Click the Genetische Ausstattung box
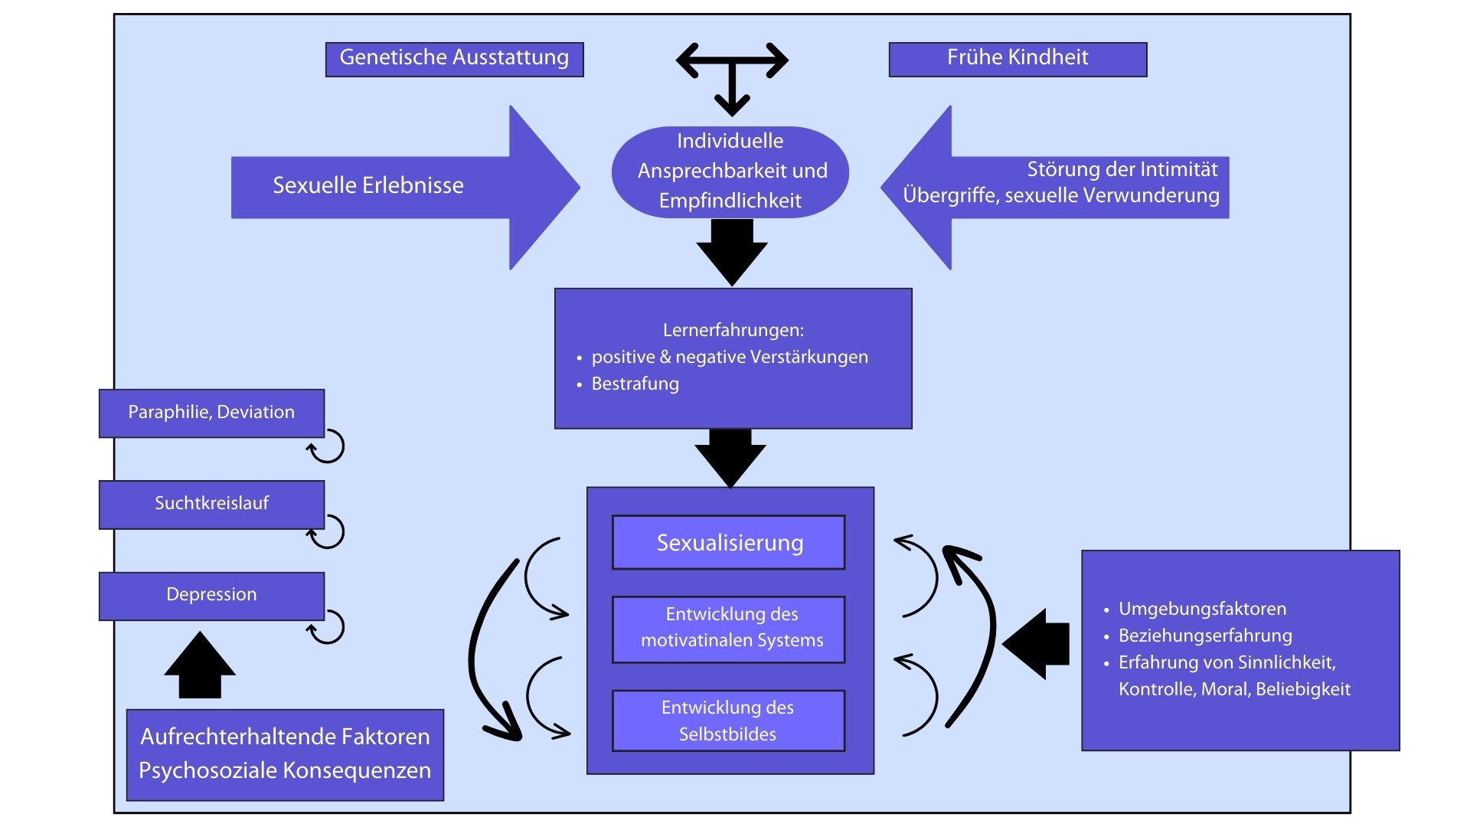pyautogui.click(x=454, y=59)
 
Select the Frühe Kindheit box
pyautogui.click(x=1018, y=59)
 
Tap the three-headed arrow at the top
pyautogui.click(x=732, y=74)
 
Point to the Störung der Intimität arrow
pyautogui.click(x=1057, y=187)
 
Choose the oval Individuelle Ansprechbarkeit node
pyautogui.click(x=730, y=172)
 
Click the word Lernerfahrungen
pyautogui.click(x=733, y=330)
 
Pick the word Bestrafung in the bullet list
pyautogui.click(x=635, y=384)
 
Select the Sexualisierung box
pyautogui.click(x=729, y=542)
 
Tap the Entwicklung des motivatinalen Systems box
pyautogui.click(x=729, y=628)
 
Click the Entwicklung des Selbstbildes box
pyautogui.click(x=729, y=721)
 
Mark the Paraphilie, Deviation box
pyautogui.click(x=211, y=413)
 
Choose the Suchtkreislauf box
pyautogui.click(x=211, y=504)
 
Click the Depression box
pyautogui.click(x=211, y=595)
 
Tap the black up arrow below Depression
pyautogui.click(x=200, y=665)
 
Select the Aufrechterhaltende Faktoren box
pyautogui.click(x=285, y=754)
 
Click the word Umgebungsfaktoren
pyautogui.click(x=1202, y=609)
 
